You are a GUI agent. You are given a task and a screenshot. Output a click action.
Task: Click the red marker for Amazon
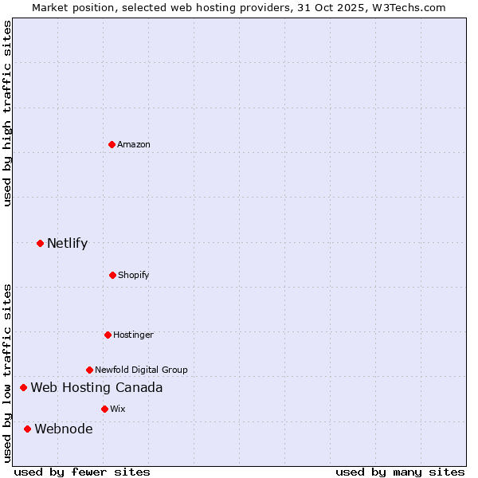[x=112, y=144]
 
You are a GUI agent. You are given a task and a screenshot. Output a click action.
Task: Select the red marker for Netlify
[x=41, y=243]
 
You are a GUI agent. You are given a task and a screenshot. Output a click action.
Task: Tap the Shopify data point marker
[x=112, y=275]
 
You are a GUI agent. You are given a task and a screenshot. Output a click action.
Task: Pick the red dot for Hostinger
[x=108, y=335]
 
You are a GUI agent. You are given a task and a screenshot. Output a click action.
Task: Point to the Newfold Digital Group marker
[x=89, y=370]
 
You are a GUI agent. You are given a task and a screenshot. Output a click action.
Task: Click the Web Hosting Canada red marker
[x=24, y=388]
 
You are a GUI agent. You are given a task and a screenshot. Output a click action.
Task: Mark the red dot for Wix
[x=104, y=409]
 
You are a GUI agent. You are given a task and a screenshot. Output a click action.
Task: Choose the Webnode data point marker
[x=28, y=429]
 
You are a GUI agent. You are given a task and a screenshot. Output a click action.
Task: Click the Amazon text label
[x=134, y=144]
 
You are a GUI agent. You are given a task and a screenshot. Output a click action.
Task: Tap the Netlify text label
[x=67, y=243]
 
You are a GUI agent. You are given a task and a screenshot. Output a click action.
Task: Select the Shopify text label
[x=134, y=275]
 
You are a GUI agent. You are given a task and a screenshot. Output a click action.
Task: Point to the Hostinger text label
[x=133, y=335]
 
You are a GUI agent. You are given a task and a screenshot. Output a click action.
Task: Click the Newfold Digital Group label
[x=141, y=370]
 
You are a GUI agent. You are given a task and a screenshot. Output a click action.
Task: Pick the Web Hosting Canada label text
[x=96, y=388]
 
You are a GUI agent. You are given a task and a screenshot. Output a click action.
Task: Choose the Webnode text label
[x=64, y=429]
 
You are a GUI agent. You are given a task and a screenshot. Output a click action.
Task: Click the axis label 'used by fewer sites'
[x=82, y=472]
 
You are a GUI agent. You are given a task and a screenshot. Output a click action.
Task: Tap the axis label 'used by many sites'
[x=400, y=472]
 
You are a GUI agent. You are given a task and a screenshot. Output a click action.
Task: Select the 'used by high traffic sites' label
[x=8, y=113]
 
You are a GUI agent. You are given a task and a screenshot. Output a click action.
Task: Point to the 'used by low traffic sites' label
[x=8, y=372]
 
